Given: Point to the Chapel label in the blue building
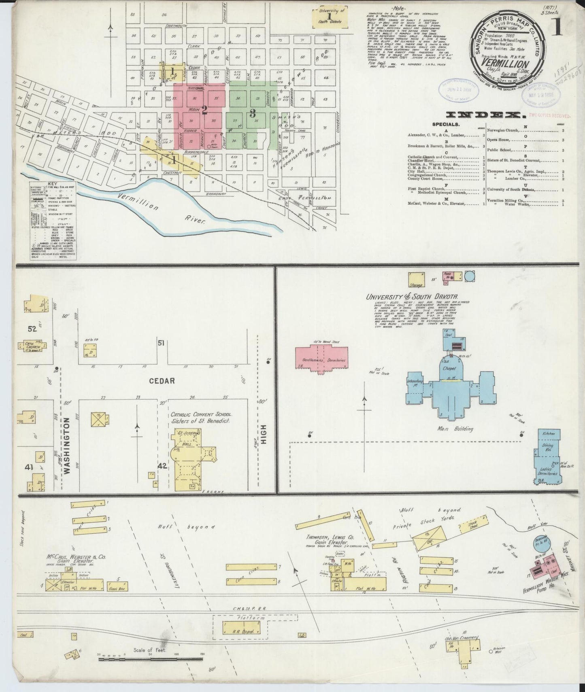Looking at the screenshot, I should click(x=449, y=369).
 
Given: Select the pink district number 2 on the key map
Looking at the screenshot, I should click(x=205, y=109).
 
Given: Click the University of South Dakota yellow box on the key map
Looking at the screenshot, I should click(x=330, y=19).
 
